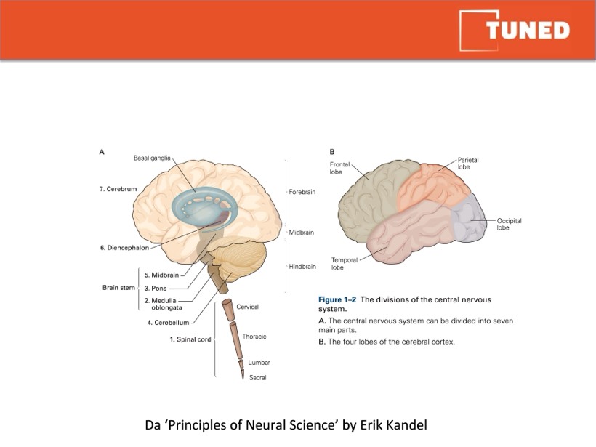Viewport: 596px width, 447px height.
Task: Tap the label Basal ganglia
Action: pyautogui.click(x=152, y=158)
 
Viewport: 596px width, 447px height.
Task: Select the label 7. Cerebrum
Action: pyautogui.click(x=118, y=189)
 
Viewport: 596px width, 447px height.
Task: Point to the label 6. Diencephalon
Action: pyautogui.click(x=124, y=248)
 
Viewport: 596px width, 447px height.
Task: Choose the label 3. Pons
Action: pyautogui.click(x=156, y=288)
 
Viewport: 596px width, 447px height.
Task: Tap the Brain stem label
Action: pyautogui.click(x=118, y=288)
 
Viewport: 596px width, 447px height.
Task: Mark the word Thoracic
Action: pyautogui.click(x=254, y=337)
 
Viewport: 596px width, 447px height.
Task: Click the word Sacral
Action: pyautogui.click(x=258, y=378)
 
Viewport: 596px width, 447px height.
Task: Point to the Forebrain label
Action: pyautogui.click(x=302, y=192)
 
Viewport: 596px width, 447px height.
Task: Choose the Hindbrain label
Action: pyautogui.click(x=302, y=267)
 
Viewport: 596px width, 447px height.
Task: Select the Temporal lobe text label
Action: pyautogui.click(x=344, y=264)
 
